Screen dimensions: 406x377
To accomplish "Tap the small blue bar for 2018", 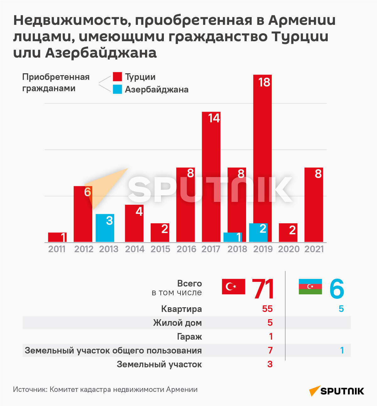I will (232, 237).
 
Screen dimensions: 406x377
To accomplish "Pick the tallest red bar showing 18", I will (262, 157).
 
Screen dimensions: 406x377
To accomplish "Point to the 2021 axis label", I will (314, 249).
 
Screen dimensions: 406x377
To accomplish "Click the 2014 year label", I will (135, 249).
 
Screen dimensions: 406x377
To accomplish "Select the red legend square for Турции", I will (117, 77).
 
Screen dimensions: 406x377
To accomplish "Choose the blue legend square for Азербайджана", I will (117, 89).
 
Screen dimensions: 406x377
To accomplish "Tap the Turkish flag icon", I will (233, 286).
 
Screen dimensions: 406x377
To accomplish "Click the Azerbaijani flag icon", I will (310, 286).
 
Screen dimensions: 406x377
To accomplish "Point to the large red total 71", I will (263, 289).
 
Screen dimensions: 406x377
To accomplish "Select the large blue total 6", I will (337, 289).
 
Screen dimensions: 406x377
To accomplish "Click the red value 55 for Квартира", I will (267, 309).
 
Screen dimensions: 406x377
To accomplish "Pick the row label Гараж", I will (189, 337).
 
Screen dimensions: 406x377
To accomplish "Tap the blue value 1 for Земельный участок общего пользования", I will (342, 350).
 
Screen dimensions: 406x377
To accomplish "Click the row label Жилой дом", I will (177, 323).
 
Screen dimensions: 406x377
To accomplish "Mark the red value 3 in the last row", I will (270, 364).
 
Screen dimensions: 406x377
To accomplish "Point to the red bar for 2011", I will (57, 237).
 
